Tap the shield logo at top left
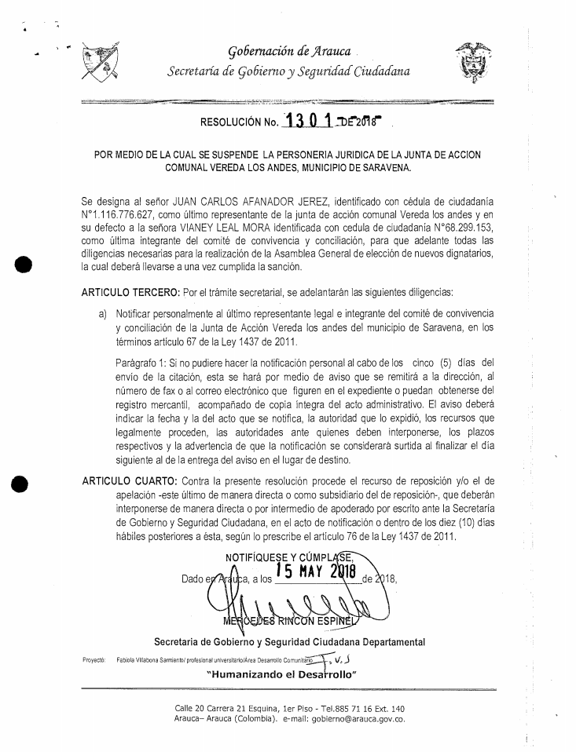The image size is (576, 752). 100,64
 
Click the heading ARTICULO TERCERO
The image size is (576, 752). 130,293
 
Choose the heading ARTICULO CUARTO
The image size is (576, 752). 129,480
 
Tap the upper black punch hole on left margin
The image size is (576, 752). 23,264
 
